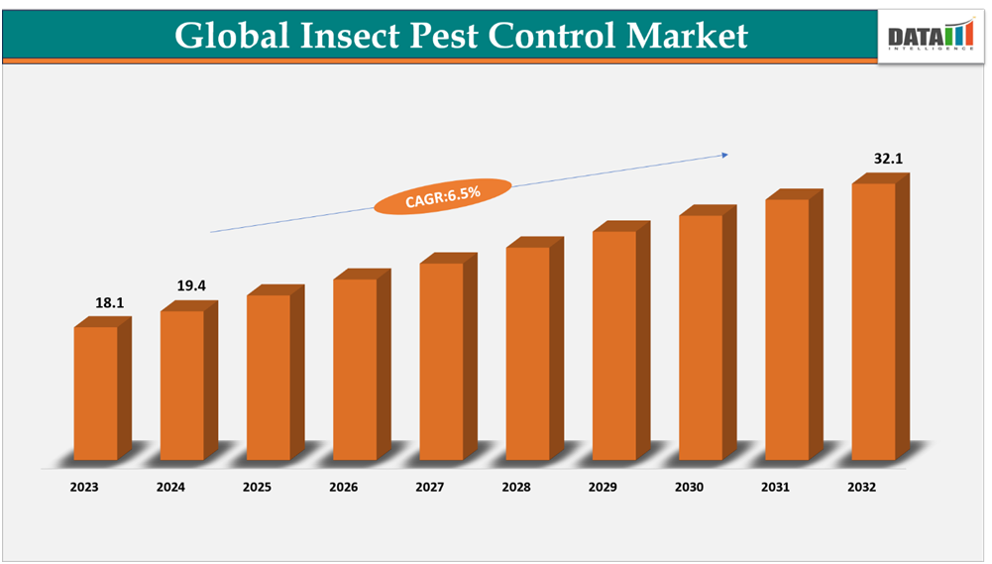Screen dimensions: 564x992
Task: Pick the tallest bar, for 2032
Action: tap(874, 321)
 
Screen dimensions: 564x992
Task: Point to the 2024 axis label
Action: tap(170, 488)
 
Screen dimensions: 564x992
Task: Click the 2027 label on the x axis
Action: tap(430, 488)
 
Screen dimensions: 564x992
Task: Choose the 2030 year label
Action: tap(689, 488)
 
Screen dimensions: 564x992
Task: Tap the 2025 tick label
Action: tap(258, 488)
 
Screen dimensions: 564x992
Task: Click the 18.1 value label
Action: tap(110, 302)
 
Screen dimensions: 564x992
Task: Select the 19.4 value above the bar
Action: tap(191, 285)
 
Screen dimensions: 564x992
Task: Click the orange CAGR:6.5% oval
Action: tap(443, 196)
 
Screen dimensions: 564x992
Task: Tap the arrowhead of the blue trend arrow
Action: tap(724, 155)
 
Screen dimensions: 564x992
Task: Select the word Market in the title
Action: tap(686, 36)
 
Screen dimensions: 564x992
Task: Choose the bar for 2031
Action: tap(788, 329)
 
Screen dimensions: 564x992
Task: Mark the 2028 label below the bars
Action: tap(516, 488)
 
